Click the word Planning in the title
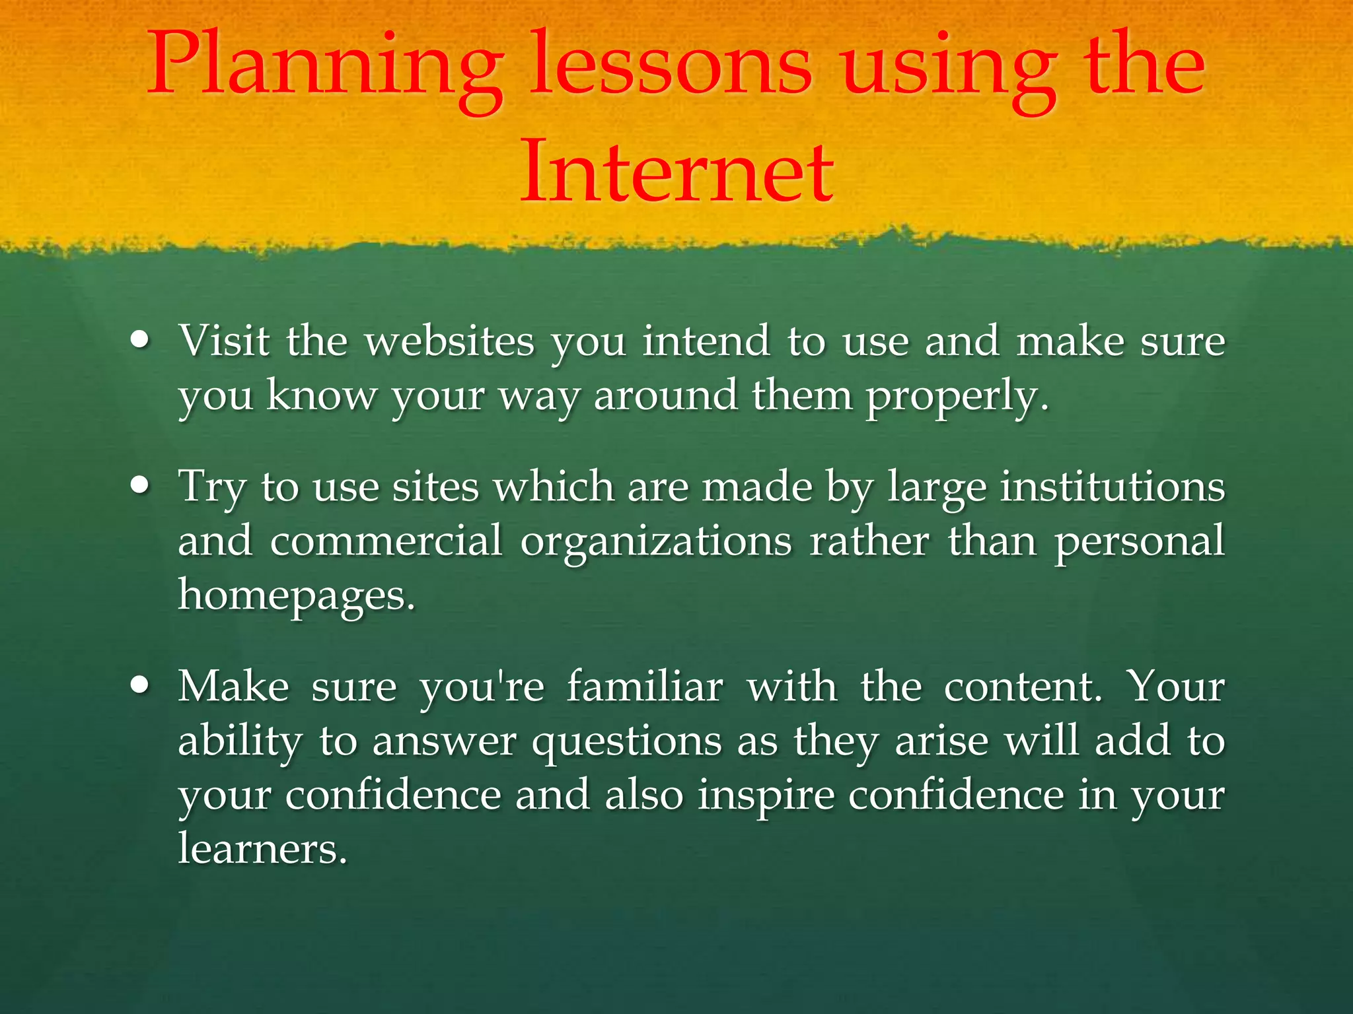(324, 69)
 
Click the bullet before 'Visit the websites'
(140, 341)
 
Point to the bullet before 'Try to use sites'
(140, 487)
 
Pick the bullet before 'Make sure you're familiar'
(140, 686)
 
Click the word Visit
(225, 341)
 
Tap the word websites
(450, 341)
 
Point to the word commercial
(386, 541)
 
